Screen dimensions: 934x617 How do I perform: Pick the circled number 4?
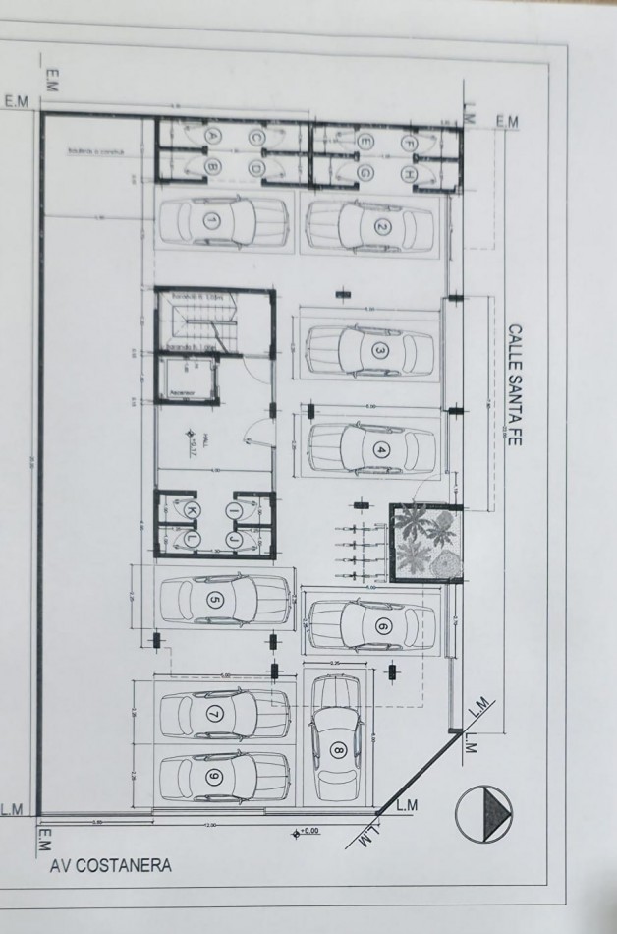tap(383, 450)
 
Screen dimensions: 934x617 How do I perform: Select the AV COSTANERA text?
tap(110, 866)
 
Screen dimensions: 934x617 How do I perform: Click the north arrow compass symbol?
tap(484, 815)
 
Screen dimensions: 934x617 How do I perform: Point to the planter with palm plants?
tap(425, 542)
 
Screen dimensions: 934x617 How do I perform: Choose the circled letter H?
tap(409, 173)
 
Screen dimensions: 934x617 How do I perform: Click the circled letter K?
tap(193, 509)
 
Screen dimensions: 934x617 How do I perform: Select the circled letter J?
tap(234, 539)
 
